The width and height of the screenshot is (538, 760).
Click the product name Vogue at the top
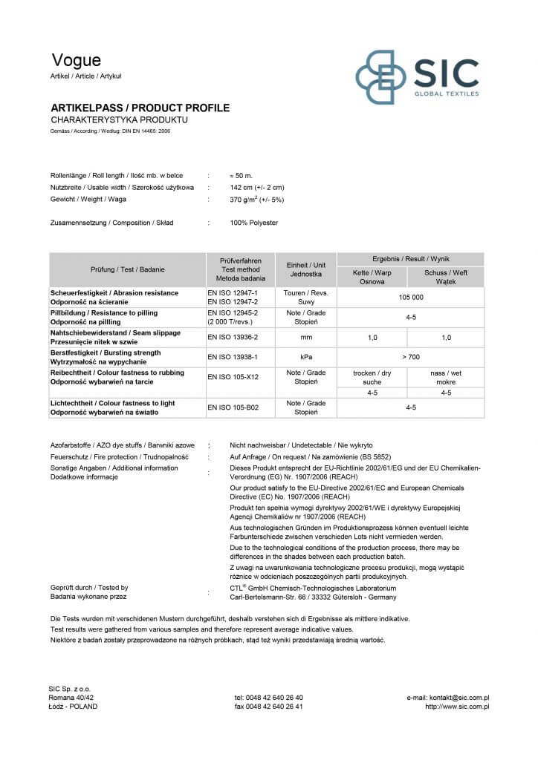point(76,61)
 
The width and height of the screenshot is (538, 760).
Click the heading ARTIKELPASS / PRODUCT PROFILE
point(140,108)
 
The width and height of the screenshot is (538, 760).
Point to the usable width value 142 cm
point(257,188)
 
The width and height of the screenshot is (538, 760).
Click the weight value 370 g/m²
point(257,200)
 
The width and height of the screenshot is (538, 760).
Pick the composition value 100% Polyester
point(254,223)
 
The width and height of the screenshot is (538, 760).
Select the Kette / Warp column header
point(372,277)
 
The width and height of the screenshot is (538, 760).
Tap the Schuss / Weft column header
point(446,277)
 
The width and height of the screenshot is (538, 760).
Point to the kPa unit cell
point(305,357)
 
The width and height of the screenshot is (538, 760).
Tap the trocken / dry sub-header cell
point(372,377)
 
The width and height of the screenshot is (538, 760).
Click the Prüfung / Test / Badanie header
point(128,269)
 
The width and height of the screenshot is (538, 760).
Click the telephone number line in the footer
point(268,698)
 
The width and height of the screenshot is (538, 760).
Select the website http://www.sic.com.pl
point(457,707)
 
